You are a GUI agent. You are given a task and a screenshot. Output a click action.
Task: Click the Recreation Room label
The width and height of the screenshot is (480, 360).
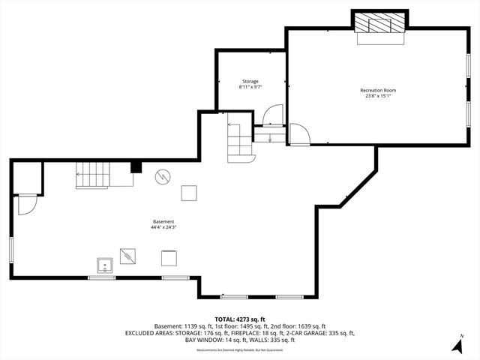pos(378,90)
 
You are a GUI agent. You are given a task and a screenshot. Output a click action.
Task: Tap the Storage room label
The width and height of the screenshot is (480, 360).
pos(250,81)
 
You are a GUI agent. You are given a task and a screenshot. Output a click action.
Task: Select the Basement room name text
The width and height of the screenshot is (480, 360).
pos(163,222)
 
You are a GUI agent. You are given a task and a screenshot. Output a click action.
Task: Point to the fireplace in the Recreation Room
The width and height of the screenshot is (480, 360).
pos(379,23)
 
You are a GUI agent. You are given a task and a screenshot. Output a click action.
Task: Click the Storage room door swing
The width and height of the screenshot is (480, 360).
pos(270,115)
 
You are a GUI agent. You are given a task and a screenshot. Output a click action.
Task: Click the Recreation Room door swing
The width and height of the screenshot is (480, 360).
pos(298,135)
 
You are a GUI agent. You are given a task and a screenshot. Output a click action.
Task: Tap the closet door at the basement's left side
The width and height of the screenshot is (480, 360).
pos(28,204)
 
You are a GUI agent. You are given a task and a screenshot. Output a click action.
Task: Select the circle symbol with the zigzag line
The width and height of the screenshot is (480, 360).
pos(163,177)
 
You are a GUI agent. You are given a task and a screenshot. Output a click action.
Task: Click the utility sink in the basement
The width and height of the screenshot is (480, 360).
pos(103,264)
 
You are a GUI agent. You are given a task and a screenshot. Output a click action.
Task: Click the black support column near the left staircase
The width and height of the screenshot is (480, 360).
pos(136,167)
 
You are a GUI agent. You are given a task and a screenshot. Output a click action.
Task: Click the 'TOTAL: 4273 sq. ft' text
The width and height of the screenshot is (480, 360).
pos(240,319)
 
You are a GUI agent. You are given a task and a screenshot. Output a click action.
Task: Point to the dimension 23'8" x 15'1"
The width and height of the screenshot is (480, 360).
pos(378,96)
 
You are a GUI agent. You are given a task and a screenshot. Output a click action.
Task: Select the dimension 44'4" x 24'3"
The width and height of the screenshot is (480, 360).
pos(163,228)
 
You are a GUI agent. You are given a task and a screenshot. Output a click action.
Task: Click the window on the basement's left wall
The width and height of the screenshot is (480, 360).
pos(10,250)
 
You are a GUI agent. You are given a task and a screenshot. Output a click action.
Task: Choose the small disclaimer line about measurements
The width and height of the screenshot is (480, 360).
pos(240,350)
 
